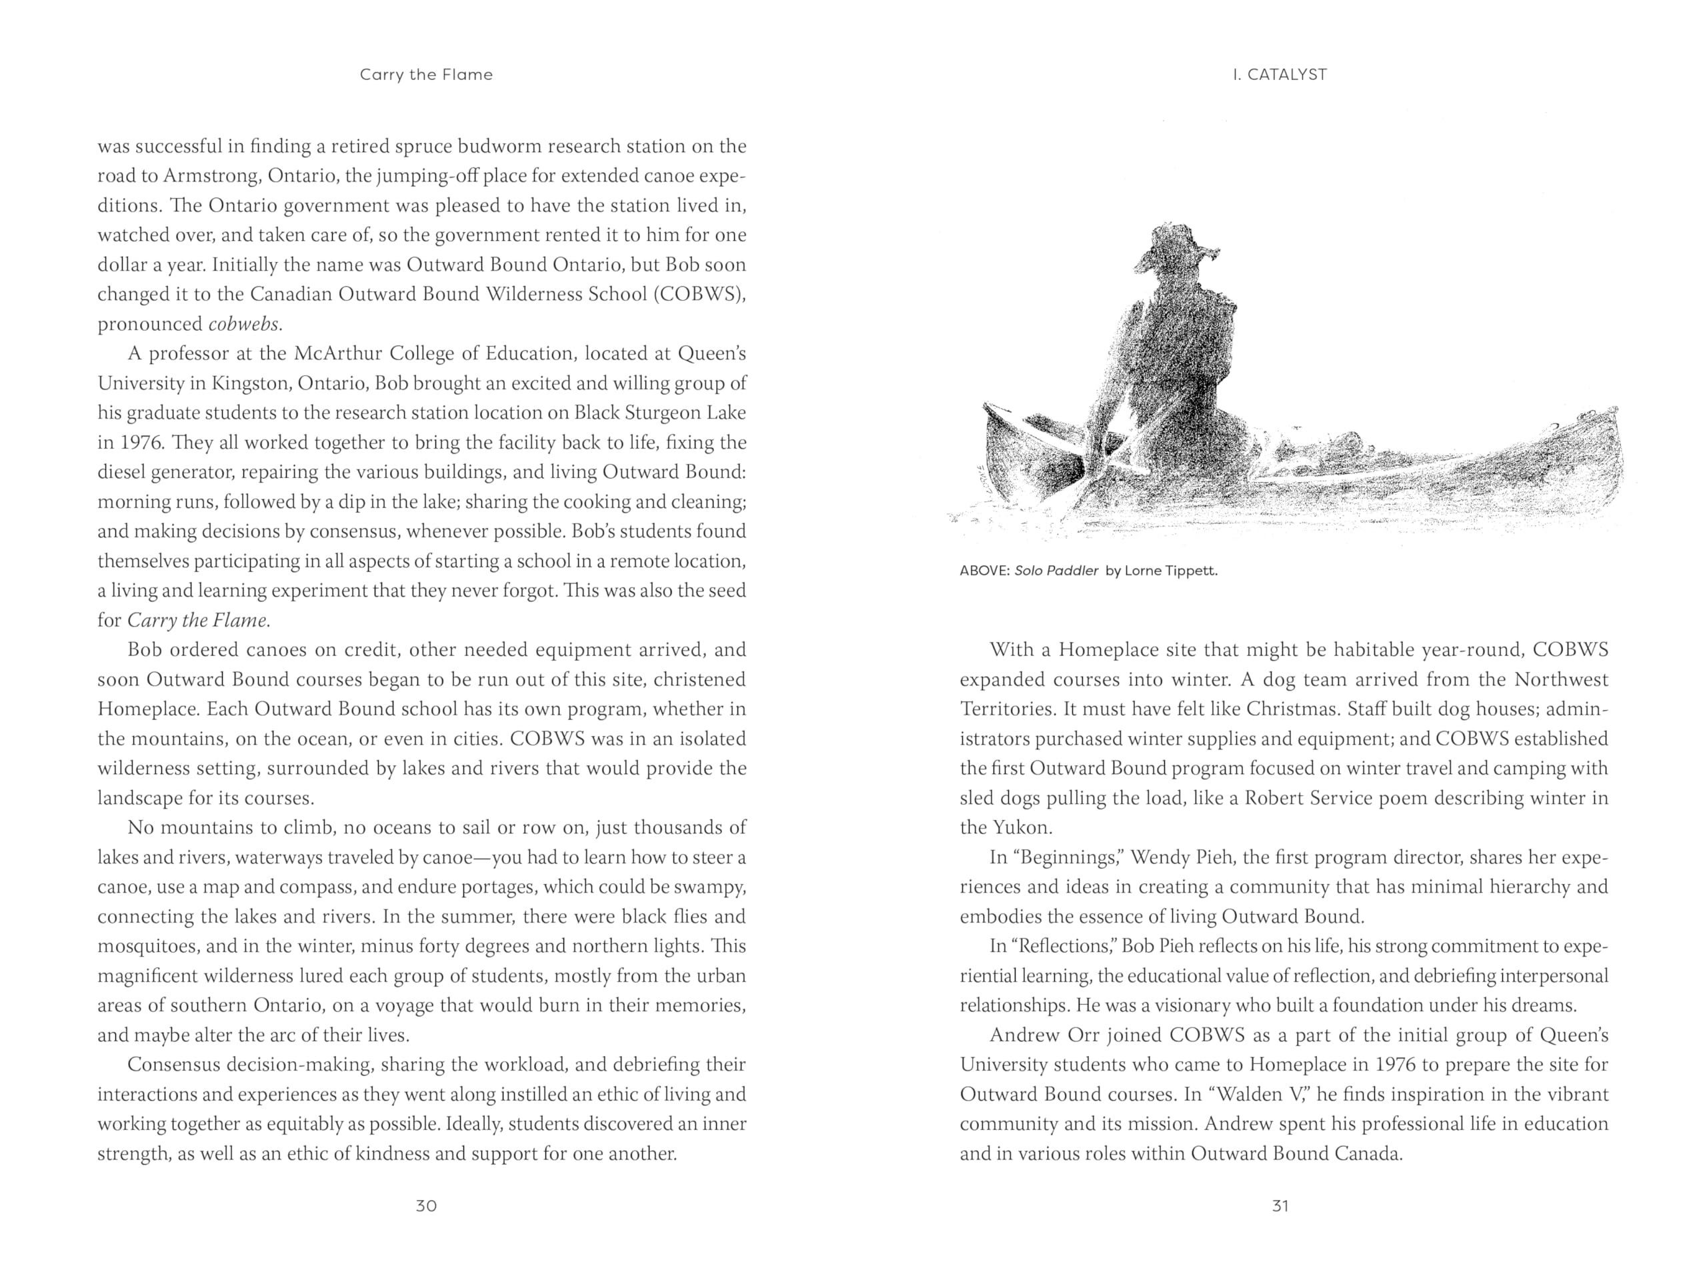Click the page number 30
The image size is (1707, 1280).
pyautogui.click(x=426, y=1206)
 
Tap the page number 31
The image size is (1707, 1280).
pyautogui.click(x=1280, y=1206)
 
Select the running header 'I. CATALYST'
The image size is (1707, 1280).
pyautogui.click(x=1280, y=75)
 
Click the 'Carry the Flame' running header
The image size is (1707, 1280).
pyautogui.click(x=426, y=75)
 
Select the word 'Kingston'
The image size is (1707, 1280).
pyautogui.click(x=250, y=383)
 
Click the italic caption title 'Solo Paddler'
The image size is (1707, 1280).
pyautogui.click(x=1056, y=572)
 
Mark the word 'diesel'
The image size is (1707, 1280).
pyautogui.click(x=122, y=472)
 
